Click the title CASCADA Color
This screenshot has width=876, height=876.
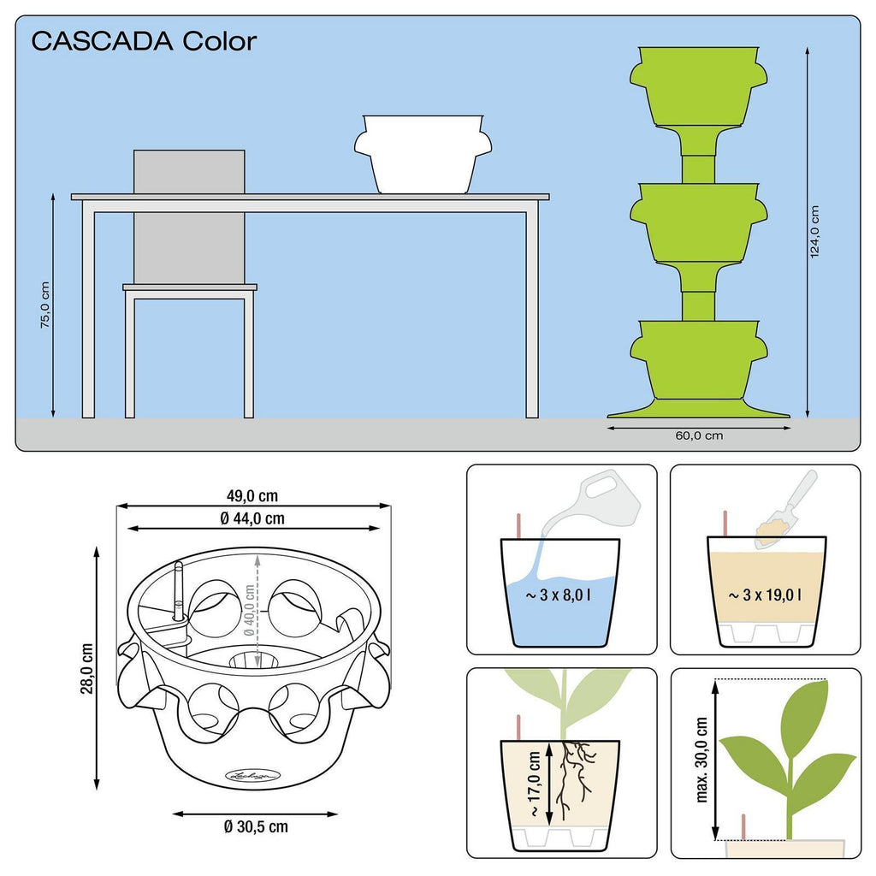click(144, 41)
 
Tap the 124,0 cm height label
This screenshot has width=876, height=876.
click(814, 231)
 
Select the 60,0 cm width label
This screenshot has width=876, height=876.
click(699, 435)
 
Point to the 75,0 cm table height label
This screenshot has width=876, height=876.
click(44, 305)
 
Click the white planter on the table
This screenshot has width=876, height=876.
click(423, 154)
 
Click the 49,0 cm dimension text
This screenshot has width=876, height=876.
click(252, 495)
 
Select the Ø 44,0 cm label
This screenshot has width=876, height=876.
click(252, 519)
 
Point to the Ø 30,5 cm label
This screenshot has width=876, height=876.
click(256, 826)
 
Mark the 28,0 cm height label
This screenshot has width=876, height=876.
click(87, 669)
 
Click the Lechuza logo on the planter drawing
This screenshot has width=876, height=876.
click(252, 775)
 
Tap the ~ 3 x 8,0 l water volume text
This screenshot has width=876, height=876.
click(558, 595)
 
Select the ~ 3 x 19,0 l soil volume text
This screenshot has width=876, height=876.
click(765, 595)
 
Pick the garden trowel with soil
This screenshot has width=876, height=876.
click(786, 509)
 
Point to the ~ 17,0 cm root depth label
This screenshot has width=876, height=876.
click(535, 784)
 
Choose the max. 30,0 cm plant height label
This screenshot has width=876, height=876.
click(701, 760)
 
